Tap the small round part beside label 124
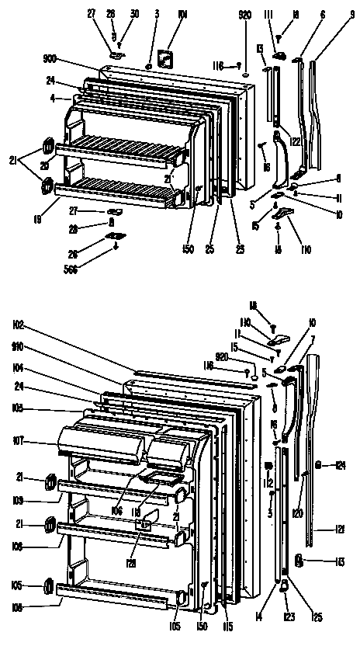pos(319,465)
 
